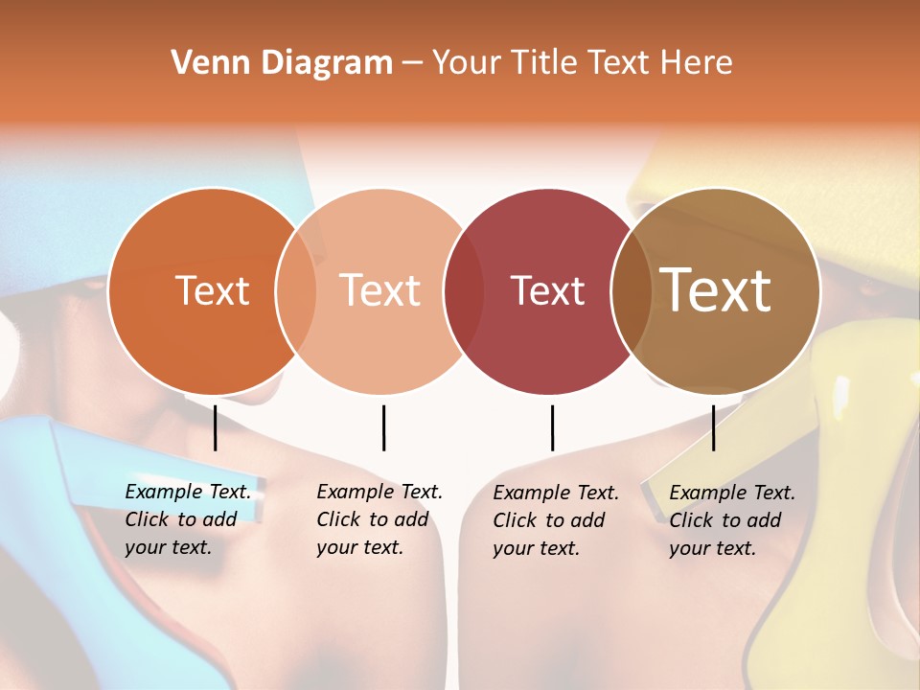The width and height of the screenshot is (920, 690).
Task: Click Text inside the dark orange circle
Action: click(x=212, y=290)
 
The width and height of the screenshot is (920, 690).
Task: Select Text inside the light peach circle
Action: click(x=379, y=290)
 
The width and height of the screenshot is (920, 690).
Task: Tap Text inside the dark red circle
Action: click(x=547, y=290)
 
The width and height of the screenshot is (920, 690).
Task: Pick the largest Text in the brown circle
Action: click(x=716, y=290)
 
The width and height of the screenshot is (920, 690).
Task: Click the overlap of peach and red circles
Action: click(x=464, y=290)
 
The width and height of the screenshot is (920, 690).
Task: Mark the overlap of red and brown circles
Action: click(x=631, y=290)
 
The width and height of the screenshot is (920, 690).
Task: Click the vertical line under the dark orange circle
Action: click(x=216, y=427)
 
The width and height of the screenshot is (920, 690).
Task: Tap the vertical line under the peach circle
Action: click(x=383, y=427)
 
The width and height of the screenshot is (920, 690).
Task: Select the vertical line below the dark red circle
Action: click(x=552, y=427)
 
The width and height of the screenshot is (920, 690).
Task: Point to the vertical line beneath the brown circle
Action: click(x=713, y=427)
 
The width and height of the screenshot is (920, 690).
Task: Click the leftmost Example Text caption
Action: click(x=188, y=519)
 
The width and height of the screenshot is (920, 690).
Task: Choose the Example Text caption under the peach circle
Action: click(x=379, y=519)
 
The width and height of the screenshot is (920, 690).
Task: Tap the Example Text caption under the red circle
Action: click(x=556, y=520)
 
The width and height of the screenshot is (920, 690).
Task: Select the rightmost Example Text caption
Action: click(x=732, y=520)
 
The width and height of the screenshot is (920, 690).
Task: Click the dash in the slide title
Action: click(x=412, y=64)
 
